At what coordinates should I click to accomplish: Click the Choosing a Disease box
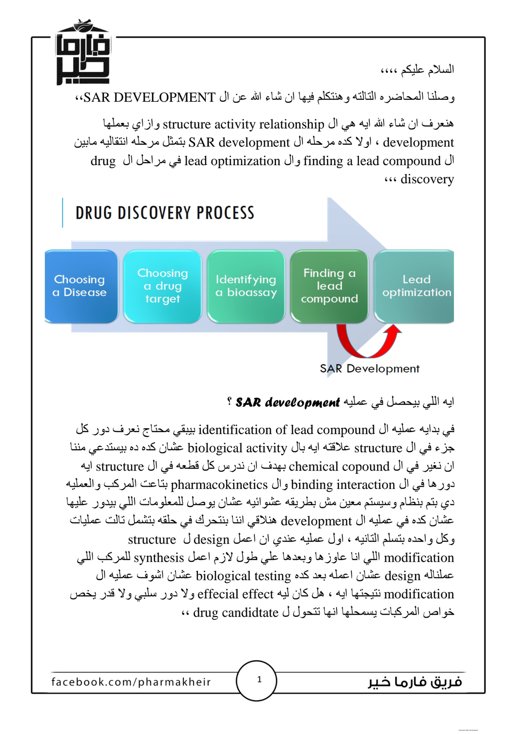(80, 286)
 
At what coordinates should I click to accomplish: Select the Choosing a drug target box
(163, 286)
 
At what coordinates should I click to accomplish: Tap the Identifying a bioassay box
(246, 286)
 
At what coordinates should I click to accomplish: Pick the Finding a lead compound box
(329, 286)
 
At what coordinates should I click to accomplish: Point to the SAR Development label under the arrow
(369, 369)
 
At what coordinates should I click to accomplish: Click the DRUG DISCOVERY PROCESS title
(165, 213)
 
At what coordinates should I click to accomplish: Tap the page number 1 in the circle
(259, 680)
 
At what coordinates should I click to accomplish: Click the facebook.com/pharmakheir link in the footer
(131, 682)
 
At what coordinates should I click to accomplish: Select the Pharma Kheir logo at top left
(83, 53)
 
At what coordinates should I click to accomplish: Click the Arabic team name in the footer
(415, 682)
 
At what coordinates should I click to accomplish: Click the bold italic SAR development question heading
(288, 403)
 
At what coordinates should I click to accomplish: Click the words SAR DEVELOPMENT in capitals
(149, 97)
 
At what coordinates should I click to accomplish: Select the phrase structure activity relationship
(243, 124)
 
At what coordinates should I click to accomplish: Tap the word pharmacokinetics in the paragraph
(219, 484)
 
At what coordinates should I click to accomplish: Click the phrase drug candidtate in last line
(236, 612)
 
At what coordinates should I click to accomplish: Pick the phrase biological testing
(243, 576)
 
